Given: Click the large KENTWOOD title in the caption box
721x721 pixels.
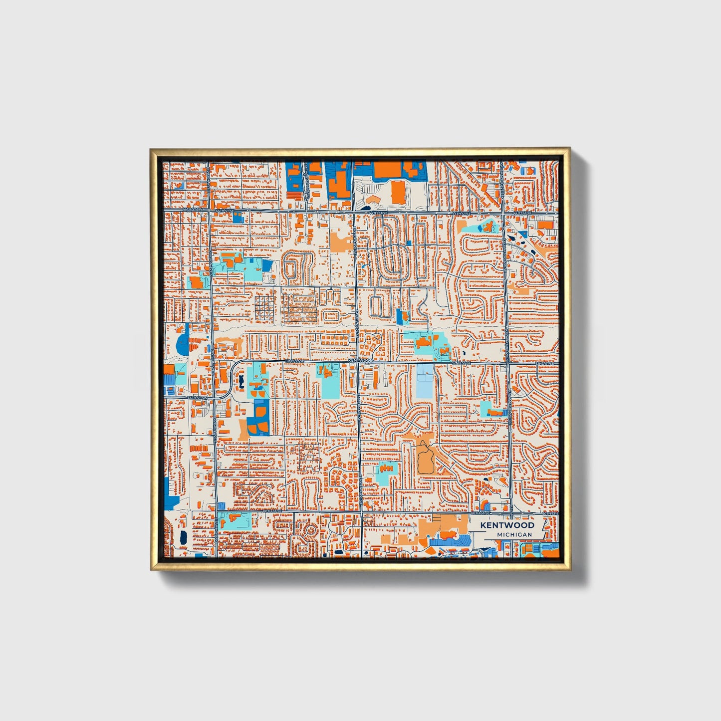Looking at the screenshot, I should [x=507, y=525].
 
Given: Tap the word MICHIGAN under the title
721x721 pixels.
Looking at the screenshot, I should [x=514, y=534].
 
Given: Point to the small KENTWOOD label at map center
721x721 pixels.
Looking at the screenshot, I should [x=361, y=360].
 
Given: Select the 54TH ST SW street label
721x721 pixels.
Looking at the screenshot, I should [x=197, y=398].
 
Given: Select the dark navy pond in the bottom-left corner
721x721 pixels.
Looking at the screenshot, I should [x=183, y=537].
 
